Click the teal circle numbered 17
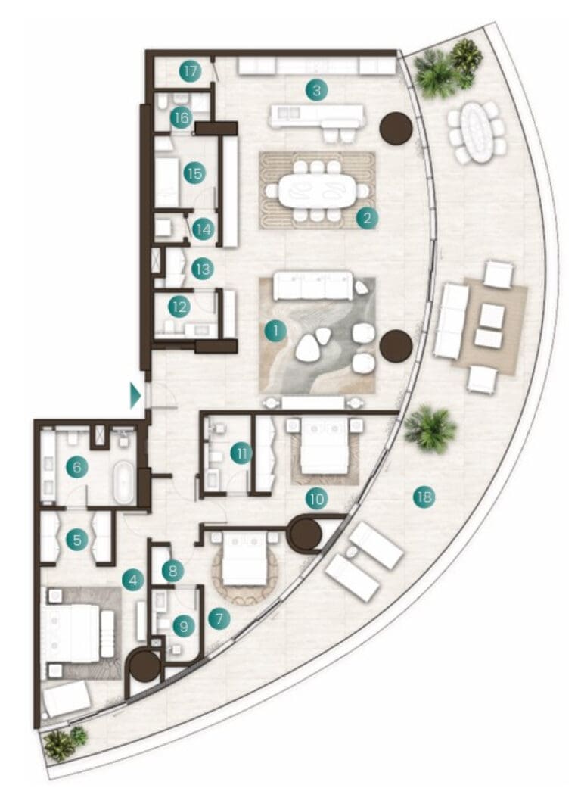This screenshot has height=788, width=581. pos(191,71)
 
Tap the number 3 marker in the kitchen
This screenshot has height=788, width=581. pos(316,91)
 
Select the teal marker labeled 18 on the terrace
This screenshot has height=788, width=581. pos(424,497)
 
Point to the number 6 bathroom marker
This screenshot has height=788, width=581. pos(77,467)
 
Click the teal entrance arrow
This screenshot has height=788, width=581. pos(135,395)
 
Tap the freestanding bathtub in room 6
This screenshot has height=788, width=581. pos(123,482)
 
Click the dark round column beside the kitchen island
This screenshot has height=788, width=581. pos(396,129)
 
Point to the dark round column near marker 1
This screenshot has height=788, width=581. pos(396,346)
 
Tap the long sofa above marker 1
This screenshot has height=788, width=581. pos(313,286)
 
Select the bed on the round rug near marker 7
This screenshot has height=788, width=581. pos(244,559)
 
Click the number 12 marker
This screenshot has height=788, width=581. pos(179,307)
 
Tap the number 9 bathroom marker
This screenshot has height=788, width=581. pos(184,626)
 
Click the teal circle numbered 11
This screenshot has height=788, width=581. pos(241,454)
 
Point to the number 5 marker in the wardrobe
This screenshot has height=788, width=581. pos(77,540)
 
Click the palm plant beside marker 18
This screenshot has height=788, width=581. pos(430,430)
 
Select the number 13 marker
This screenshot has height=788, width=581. pos(203,269)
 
